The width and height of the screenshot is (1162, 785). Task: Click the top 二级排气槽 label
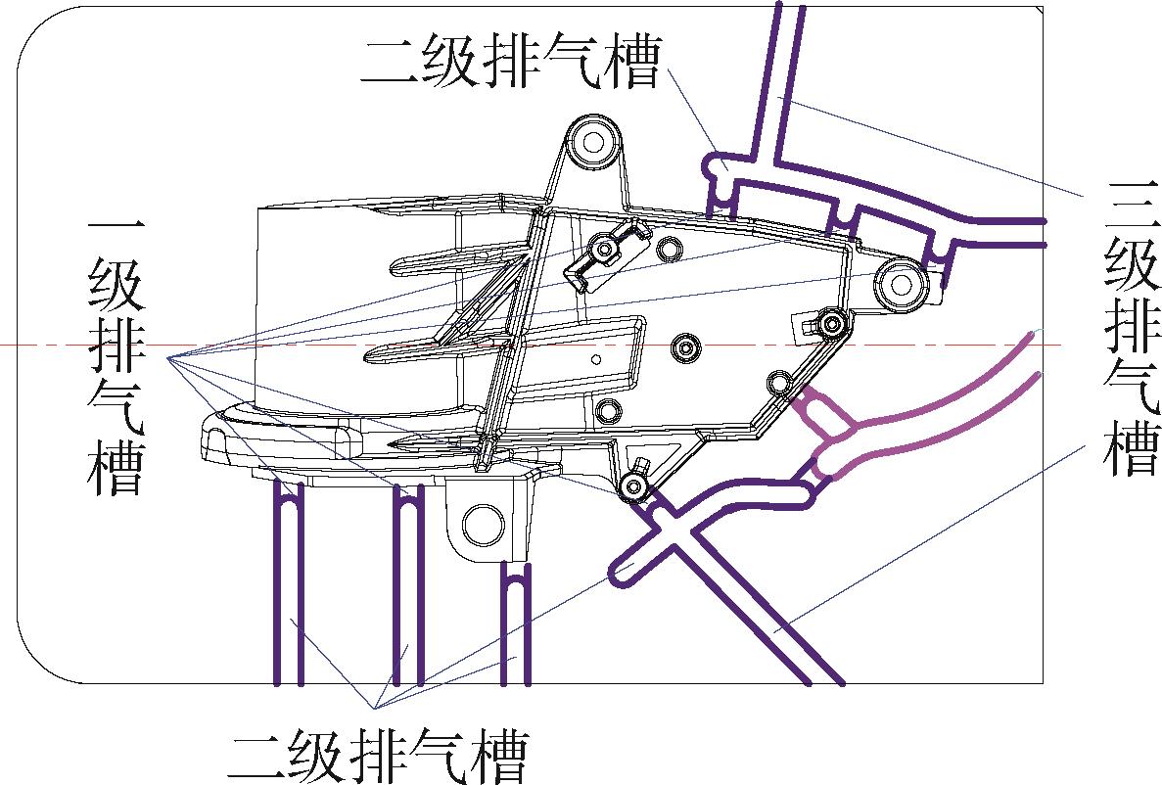pos(510,63)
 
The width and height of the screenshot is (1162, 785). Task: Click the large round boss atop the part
pos(592,143)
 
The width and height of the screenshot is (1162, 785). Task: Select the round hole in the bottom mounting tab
pos(482,525)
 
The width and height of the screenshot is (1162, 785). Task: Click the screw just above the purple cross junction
pos(633,484)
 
